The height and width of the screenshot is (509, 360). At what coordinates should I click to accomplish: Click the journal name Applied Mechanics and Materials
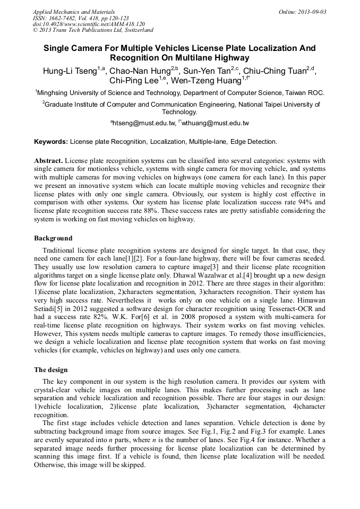(74, 12)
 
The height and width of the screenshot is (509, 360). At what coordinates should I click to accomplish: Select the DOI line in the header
(89, 24)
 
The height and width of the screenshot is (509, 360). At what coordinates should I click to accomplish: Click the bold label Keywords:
(51, 142)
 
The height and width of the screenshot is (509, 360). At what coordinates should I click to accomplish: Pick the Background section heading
(53, 238)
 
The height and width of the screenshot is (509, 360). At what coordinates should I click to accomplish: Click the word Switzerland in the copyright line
(135, 31)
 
